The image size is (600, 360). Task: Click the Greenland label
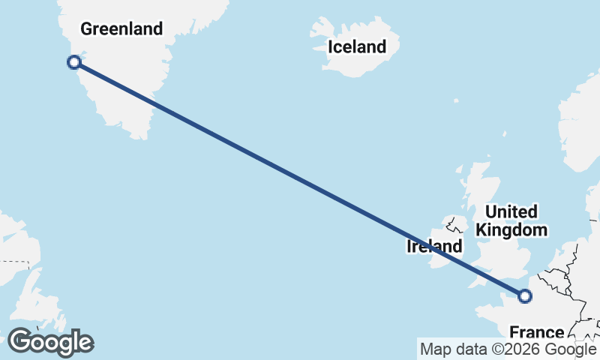(x=121, y=29)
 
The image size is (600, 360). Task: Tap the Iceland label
(x=357, y=46)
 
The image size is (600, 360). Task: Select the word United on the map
(x=511, y=211)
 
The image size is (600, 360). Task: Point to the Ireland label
(x=434, y=246)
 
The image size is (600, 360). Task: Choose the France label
(x=536, y=332)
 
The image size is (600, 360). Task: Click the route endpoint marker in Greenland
(x=74, y=62)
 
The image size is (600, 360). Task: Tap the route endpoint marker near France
(x=525, y=296)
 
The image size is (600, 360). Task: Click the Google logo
(x=50, y=342)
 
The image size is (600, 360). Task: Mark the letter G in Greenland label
(x=86, y=29)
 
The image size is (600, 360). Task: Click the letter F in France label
(x=514, y=332)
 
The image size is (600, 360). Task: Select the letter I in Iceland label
(x=330, y=46)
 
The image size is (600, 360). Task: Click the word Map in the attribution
(x=434, y=349)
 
